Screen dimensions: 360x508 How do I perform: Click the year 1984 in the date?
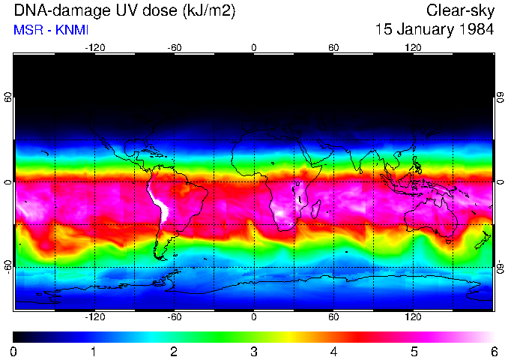click(x=475, y=30)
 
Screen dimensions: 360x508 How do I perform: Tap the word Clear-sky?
click(x=460, y=10)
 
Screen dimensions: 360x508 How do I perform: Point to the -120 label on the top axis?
click(x=94, y=47)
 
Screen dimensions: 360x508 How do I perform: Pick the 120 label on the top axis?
click(x=413, y=47)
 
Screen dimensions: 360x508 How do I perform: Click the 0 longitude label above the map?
click(x=254, y=47)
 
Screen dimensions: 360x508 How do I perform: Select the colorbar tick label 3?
click(x=253, y=351)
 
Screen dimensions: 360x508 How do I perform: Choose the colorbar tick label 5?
click(x=414, y=351)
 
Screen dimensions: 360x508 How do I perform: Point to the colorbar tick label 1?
click(x=94, y=351)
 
